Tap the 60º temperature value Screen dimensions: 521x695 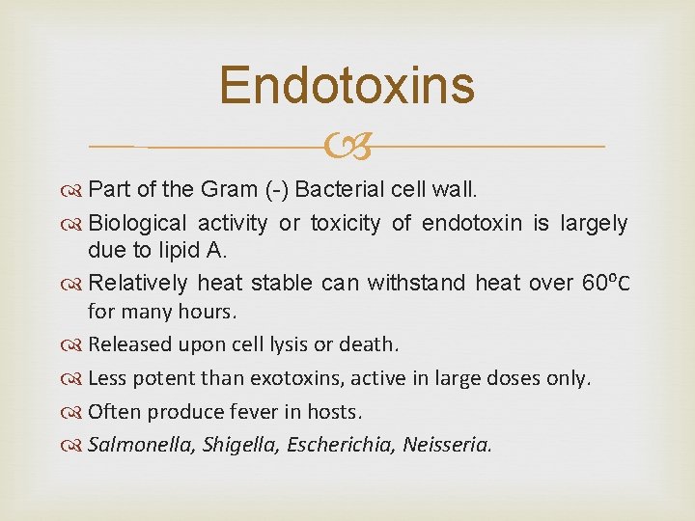(599, 283)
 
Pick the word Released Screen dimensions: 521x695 (129, 344)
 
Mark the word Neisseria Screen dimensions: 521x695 (447, 445)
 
